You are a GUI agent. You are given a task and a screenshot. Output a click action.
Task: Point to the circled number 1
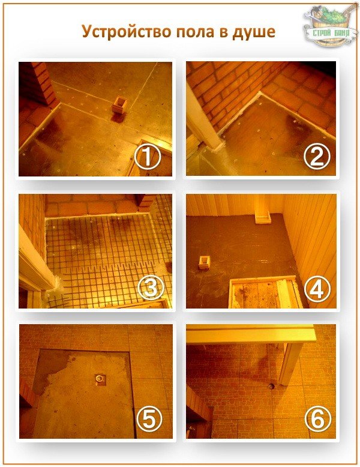pos(147,157)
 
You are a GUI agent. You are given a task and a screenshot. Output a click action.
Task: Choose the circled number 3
pos(151,288)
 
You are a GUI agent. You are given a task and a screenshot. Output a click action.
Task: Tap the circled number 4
pos(317,289)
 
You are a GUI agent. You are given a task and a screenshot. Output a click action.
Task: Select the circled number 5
pos(149,419)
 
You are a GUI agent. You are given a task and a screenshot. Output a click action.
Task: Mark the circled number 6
pos(318,419)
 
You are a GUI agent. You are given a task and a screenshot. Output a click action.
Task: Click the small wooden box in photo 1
pos(119,105)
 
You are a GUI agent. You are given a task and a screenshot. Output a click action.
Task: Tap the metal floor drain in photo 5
pos(99,379)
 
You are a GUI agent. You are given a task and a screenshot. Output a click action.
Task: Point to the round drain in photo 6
pos(271,387)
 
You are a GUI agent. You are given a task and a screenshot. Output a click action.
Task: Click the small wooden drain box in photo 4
pos(204,262)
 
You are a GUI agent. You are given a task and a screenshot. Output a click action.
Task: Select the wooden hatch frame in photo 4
pos(265,291)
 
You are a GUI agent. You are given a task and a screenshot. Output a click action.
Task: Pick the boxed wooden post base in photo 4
pos(263,217)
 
